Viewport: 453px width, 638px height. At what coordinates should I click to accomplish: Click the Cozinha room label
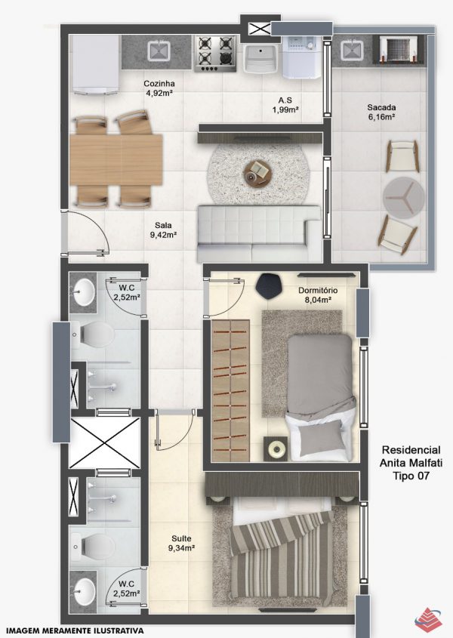(x=159, y=84)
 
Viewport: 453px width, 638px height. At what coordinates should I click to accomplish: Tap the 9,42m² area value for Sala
(x=163, y=235)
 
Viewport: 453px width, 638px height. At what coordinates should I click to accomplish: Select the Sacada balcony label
(x=381, y=108)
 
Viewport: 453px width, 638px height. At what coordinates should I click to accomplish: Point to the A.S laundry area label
(x=285, y=100)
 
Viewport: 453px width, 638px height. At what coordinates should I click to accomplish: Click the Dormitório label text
(x=318, y=291)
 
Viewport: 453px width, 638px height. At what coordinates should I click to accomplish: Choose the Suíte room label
(x=181, y=539)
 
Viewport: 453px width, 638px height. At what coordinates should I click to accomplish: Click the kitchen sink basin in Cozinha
(x=159, y=51)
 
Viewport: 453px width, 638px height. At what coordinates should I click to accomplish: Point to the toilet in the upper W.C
(x=93, y=334)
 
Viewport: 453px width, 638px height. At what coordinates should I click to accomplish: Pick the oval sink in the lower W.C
(x=84, y=590)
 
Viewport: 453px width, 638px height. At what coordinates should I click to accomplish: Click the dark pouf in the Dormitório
(x=269, y=285)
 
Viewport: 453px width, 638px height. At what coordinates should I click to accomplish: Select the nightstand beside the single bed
(x=277, y=448)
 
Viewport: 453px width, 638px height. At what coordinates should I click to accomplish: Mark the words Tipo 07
(x=411, y=475)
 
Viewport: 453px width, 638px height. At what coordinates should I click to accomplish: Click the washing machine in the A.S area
(x=299, y=57)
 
